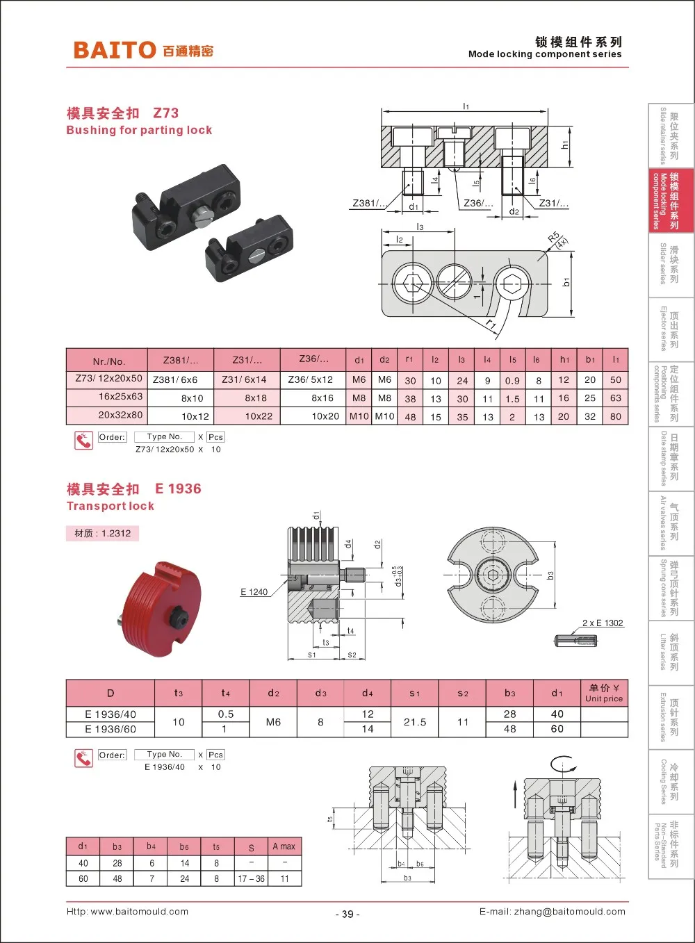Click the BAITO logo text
(115, 50)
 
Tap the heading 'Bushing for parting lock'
(139, 130)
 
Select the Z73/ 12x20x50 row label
(108, 379)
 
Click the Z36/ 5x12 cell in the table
(310, 380)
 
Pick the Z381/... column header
(180, 360)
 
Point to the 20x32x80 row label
(120, 415)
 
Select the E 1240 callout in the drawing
(254, 592)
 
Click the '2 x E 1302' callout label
(603, 623)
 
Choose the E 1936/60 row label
(110, 729)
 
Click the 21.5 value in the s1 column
(415, 722)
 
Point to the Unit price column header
(603, 693)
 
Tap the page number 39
(347, 915)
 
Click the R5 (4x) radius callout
(557, 240)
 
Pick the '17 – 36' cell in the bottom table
(251, 878)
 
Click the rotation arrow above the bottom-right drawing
(563, 765)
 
